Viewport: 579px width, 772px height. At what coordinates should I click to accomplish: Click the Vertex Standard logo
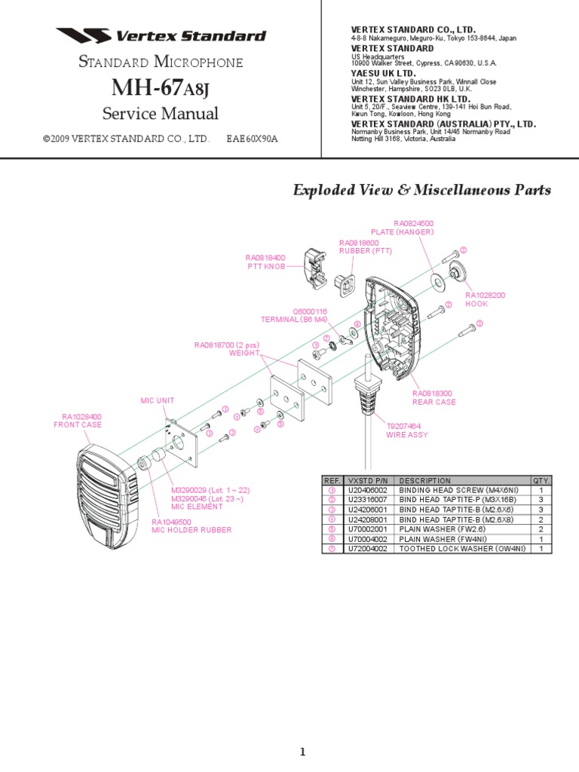(161, 35)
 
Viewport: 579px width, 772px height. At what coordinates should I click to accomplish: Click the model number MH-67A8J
(161, 88)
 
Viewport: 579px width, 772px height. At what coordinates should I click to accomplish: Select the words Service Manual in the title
(161, 114)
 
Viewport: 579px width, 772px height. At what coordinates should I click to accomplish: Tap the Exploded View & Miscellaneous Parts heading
(421, 190)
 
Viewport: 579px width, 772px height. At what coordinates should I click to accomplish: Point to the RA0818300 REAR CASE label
(434, 397)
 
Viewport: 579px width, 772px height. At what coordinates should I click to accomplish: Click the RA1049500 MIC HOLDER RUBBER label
(191, 525)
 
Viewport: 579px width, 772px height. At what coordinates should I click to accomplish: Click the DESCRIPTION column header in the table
(425, 480)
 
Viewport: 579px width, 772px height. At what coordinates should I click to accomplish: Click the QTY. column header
(541, 480)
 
